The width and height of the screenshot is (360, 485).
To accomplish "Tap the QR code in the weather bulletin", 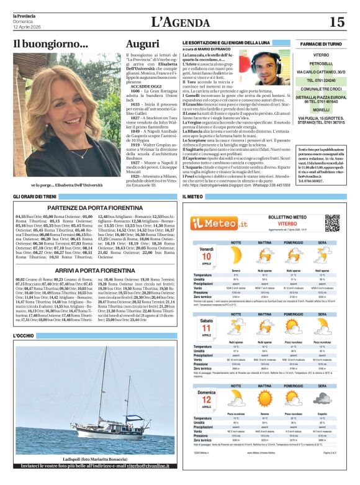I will pyautogui.click(x=332, y=222).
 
